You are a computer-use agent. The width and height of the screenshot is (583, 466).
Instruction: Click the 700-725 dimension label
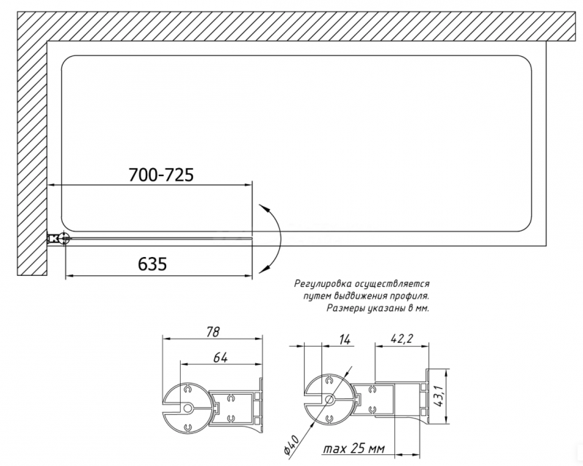pos(161,175)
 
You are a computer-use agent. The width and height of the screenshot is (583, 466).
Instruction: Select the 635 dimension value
pos(152,264)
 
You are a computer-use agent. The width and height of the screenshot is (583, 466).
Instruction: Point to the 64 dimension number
pos(221,357)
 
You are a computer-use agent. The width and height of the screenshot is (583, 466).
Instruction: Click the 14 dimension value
pos(345,339)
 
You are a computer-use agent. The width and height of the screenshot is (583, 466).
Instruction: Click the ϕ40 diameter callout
pos(291,444)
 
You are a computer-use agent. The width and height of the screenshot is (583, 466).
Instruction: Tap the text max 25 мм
pos(353,449)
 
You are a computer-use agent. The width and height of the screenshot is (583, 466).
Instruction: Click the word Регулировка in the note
pos(323,284)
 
